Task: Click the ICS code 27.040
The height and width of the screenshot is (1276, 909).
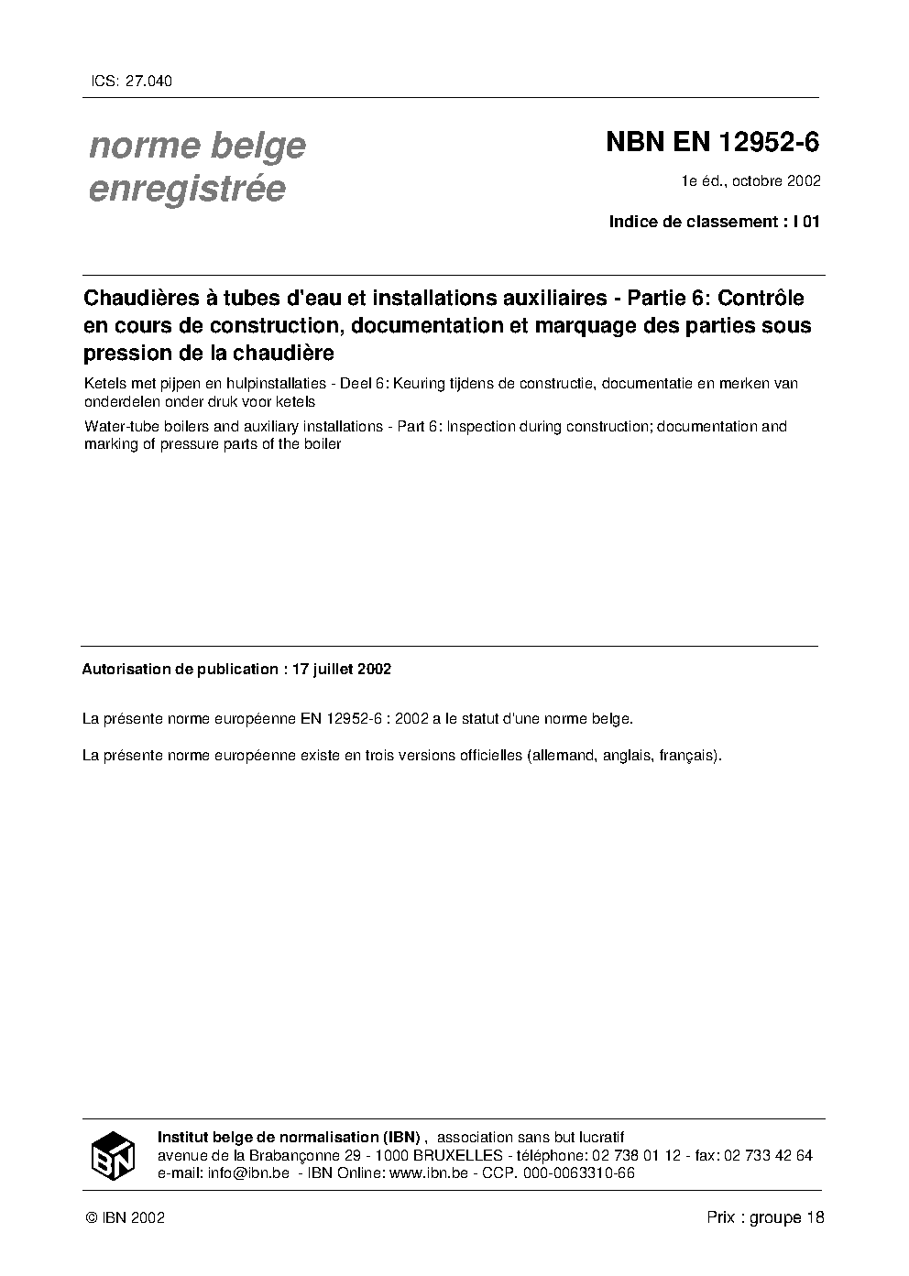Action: (x=147, y=81)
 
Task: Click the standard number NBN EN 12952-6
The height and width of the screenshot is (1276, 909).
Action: (x=712, y=143)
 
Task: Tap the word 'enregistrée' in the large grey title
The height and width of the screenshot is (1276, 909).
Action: (x=187, y=189)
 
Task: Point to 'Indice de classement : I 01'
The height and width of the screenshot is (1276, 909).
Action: (x=714, y=222)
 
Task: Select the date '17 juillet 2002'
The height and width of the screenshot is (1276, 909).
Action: (x=341, y=669)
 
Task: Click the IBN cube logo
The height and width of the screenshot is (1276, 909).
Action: (x=113, y=1155)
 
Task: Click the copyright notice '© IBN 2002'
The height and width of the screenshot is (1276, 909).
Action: (x=124, y=1217)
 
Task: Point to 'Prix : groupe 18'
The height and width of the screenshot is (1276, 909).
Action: (x=765, y=1217)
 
